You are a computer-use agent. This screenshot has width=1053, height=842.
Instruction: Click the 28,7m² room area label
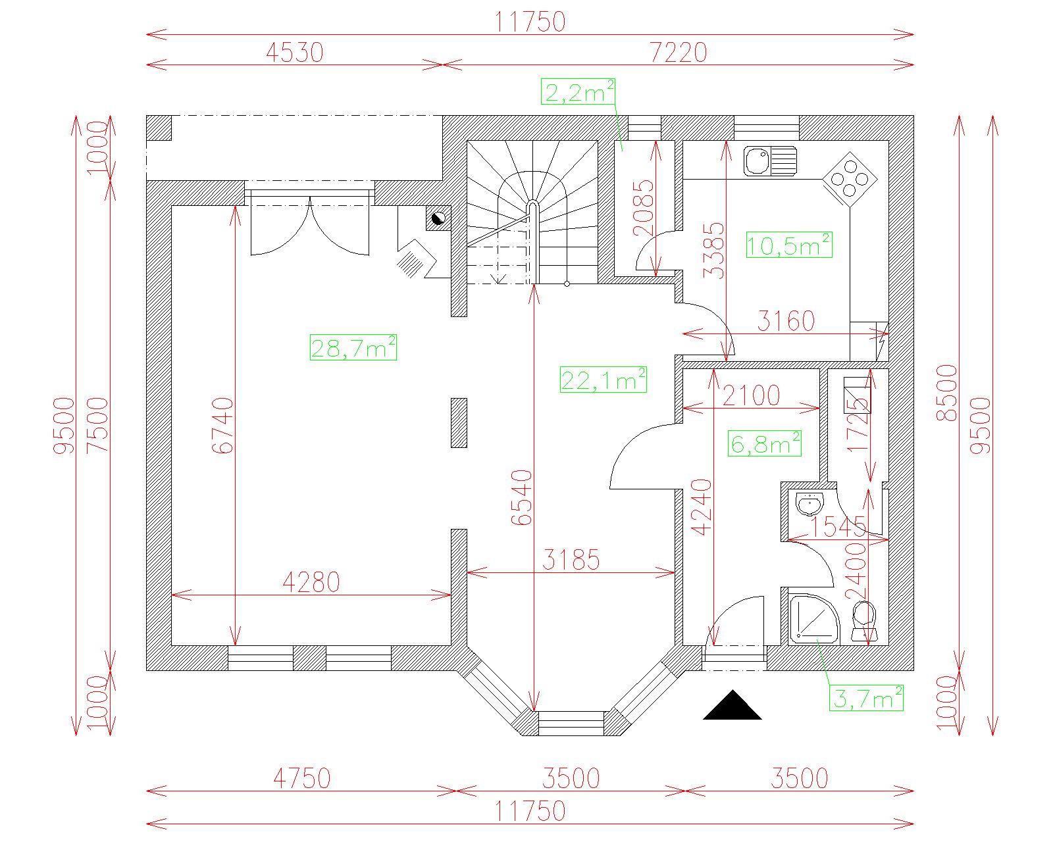click(x=353, y=347)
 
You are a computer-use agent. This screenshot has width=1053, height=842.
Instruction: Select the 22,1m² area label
click(x=603, y=379)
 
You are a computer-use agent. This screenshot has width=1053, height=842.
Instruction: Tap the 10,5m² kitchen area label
click(x=789, y=245)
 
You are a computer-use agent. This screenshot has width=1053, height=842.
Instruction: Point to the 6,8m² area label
click(x=764, y=443)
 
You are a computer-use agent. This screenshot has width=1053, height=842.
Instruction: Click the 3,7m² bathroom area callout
click(x=866, y=698)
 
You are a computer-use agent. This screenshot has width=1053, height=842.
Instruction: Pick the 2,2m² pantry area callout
click(x=578, y=91)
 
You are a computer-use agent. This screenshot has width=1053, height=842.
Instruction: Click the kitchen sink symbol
click(x=770, y=161)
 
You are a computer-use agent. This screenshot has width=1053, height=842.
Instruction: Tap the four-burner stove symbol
click(x=850, y=179)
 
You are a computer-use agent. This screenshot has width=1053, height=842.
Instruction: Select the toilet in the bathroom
click(x=864, y=621)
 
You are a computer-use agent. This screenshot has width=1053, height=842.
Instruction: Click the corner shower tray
click(x=814, y=618)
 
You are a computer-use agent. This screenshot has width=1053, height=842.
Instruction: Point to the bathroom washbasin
click(x=809, y=503)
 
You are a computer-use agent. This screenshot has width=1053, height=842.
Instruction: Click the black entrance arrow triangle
click(x=732, y=705)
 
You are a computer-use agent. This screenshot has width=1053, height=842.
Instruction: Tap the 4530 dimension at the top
click(x=295, y=53)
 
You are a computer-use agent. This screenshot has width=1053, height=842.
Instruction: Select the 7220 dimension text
click(x=678, y=53)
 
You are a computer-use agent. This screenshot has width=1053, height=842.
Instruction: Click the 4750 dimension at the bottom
click(x=302, y=778)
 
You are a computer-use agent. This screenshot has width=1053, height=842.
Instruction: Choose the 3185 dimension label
click(x=571, y=560)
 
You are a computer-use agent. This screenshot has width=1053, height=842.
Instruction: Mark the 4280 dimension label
click(x=311, y=582)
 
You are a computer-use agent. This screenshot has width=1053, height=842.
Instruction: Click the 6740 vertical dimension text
click(x=224, y=425)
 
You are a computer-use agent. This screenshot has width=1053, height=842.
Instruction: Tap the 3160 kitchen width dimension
click(x=786, y=321)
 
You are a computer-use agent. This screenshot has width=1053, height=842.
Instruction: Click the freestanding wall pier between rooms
click(x=459, y=423)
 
